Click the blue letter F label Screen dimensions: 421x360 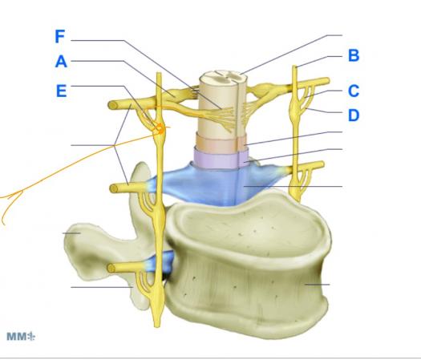[60, 37]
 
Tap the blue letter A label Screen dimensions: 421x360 [61, 62]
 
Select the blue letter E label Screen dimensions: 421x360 [61, 91]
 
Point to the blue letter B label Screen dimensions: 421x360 [354, 55]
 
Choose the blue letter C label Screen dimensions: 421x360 [354, 91]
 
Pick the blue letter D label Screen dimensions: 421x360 [354, 115]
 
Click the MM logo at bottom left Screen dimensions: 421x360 [21, 337]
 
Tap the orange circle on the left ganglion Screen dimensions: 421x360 [160, 128]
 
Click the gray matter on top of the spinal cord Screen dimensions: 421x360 [224, 75]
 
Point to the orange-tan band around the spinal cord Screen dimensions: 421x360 [221, 141]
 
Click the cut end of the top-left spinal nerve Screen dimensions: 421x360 [113, 105]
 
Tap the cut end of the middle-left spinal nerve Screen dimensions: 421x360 [114, 188]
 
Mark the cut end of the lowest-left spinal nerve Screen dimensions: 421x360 [111, 268]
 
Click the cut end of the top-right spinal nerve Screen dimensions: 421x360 [327, 80]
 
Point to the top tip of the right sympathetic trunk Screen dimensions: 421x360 [294, 67]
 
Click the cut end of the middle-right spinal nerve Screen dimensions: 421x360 [322, 164]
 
